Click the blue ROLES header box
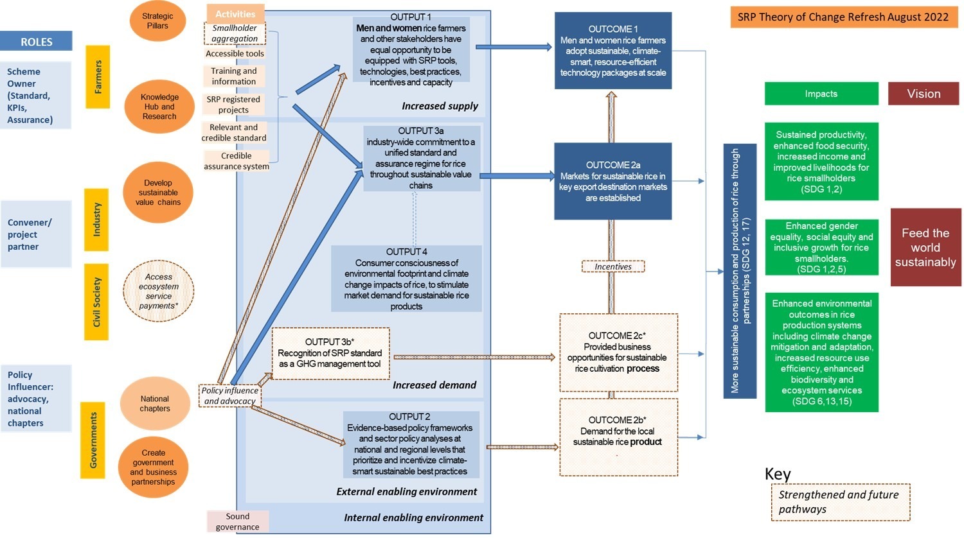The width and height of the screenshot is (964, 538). [x=36, y=41]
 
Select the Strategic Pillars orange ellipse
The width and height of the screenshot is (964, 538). [x=157, y=21]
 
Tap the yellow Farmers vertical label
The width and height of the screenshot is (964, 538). [x=98, y=76]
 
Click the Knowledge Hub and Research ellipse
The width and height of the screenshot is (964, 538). [x=159, y=107]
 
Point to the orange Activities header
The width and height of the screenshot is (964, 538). [x=235, y=13]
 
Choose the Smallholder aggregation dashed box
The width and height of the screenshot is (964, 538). [x=235, y=33]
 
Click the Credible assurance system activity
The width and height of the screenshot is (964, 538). [x=237, y=161]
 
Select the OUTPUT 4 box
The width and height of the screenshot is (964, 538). [x=406, y=279]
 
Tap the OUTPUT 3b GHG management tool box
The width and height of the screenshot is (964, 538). [x=330, y=353]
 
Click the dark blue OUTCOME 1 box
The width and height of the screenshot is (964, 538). [x=613, y=51]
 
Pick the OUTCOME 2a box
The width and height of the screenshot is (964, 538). [x=613, y=182]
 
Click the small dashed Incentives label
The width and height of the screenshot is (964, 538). [x=613, y=266]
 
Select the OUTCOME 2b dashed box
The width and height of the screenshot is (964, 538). [x=618, y=437]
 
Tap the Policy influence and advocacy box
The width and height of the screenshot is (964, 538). [x=230, y=395]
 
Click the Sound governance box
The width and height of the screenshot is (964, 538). [x=238, y=521]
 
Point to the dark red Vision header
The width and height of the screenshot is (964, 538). [x=924, y=94]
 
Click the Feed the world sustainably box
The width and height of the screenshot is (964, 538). [x=925, y=247]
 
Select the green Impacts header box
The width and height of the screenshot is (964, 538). [x=821, y=94]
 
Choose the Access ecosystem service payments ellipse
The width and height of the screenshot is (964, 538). [x=159, y=291]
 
